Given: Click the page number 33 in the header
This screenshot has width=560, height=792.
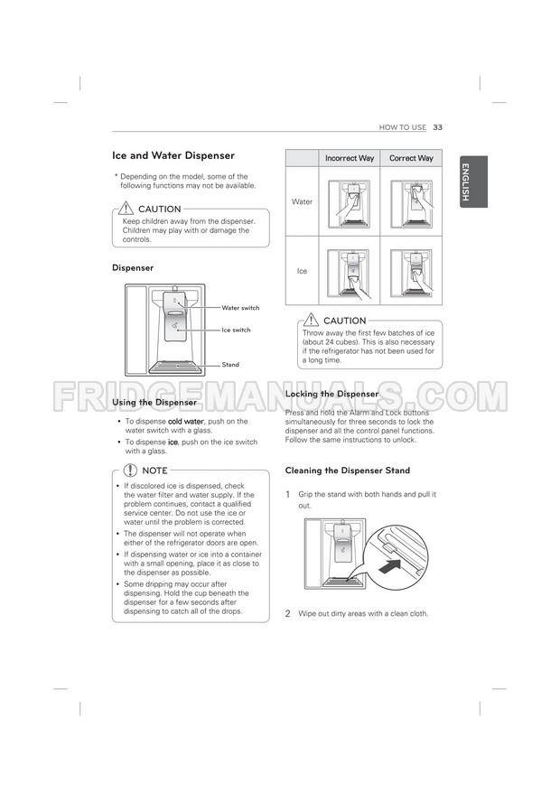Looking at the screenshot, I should (437, 127).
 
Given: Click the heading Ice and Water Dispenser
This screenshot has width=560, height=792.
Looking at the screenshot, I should (173, 155).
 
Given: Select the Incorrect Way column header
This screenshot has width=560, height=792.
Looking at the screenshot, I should (350, 158).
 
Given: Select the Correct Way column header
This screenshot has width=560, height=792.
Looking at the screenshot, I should (411, 158).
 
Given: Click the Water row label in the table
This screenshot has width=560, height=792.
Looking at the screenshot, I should (302, 201).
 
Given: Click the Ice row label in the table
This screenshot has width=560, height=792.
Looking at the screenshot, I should (302, 271).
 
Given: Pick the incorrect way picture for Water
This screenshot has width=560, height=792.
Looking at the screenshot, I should (350, 201).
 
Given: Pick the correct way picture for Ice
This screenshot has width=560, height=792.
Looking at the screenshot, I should (411, 270).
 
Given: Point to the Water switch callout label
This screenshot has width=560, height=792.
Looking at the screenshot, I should (240, 308).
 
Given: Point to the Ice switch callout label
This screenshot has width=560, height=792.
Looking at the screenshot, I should (237, 330).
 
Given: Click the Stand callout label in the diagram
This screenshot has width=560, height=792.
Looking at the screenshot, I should (230, 365).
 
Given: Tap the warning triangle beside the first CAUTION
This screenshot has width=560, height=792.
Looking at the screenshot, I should (127, 209).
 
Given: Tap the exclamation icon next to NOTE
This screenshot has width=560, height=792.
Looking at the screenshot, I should (131, 471).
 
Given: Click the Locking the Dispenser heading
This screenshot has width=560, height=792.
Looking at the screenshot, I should (331, 395).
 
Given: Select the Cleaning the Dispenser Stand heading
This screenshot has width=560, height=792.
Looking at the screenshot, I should (347, 471).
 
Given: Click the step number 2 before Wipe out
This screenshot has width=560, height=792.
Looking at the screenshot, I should (288, 614).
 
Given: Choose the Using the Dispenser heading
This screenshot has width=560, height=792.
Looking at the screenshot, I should (154, 402).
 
